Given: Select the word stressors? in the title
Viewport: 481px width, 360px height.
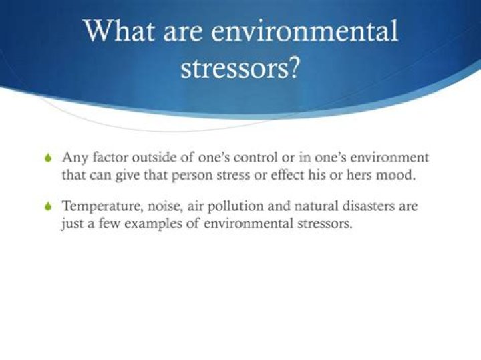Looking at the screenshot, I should pos(240,68).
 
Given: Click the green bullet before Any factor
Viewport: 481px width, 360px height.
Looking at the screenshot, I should pos(47,159).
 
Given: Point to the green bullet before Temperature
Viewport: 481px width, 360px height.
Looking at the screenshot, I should pos(47,207).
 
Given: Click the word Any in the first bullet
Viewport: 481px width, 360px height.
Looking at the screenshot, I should pos(73,158).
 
